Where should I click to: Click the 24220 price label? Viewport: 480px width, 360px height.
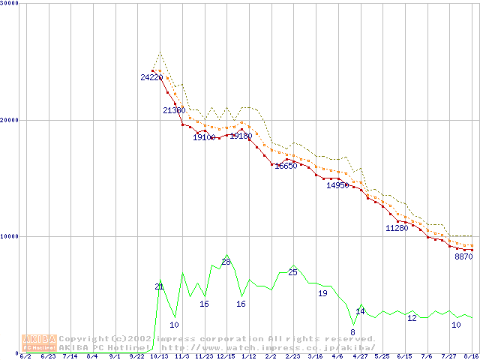tap(151, 77)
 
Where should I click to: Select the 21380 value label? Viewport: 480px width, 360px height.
tap(174, 110)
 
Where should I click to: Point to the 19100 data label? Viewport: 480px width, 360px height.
tap(204, 137)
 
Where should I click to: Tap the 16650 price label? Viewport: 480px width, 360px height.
tap(286, 166)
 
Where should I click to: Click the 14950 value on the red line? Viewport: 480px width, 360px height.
tap(337, 185)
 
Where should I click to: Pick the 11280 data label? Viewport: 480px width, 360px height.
tap(396, 227)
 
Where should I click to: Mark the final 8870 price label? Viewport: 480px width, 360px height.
tap(463, 256)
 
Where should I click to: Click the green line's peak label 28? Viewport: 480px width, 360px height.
tap(226, 262)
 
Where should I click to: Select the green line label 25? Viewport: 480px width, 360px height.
tap(292, 272)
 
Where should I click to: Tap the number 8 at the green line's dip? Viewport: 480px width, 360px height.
tap(352, 332)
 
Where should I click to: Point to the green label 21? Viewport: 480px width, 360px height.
tap(159, 286)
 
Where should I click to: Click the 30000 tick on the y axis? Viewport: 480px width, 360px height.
tap(10, 4)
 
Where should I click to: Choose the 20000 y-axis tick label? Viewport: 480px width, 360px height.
tap(10, 120)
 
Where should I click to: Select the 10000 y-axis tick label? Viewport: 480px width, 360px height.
tap(10, 236)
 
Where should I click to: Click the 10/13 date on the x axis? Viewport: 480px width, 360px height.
tap(159, 356)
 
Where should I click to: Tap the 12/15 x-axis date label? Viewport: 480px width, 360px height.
tap(226, 356)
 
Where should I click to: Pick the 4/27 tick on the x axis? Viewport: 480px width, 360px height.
tap(359, 356)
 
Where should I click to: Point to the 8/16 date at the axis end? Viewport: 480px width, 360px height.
tap(470, 356)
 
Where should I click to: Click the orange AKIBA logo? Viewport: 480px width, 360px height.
tap(39, 342)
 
